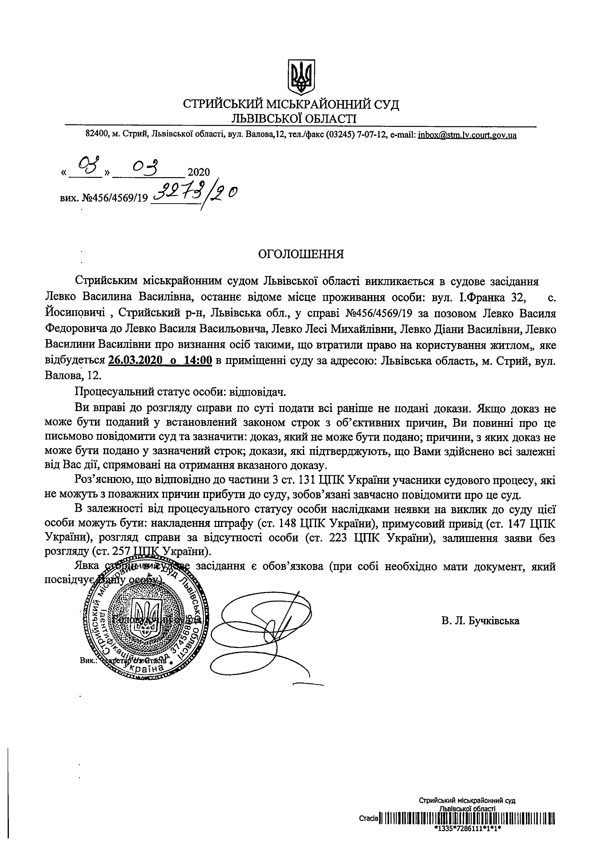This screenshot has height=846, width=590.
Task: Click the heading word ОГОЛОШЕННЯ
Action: point(301,254)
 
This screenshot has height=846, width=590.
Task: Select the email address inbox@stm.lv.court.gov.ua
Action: point(467,135)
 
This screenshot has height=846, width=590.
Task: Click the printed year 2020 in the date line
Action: point(199,172)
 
